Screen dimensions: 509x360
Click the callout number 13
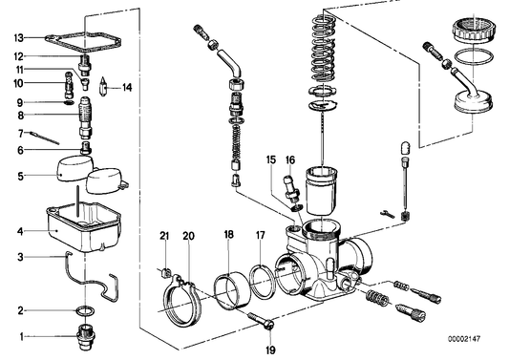(19, 38)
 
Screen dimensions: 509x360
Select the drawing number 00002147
(464, 339)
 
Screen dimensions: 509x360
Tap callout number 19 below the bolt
(270, 349)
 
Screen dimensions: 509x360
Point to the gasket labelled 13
(83, 42)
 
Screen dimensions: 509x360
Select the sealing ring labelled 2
(85, 311)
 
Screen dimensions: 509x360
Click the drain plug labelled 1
(86, 337)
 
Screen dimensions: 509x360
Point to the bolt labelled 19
(262, 321)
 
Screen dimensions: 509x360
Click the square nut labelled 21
(166, 272)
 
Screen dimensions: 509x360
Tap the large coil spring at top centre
(324, 49)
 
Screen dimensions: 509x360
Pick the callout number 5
(20, 177)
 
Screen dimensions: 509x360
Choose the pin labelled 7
(45, 138)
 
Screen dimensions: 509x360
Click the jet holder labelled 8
(85, 118)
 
